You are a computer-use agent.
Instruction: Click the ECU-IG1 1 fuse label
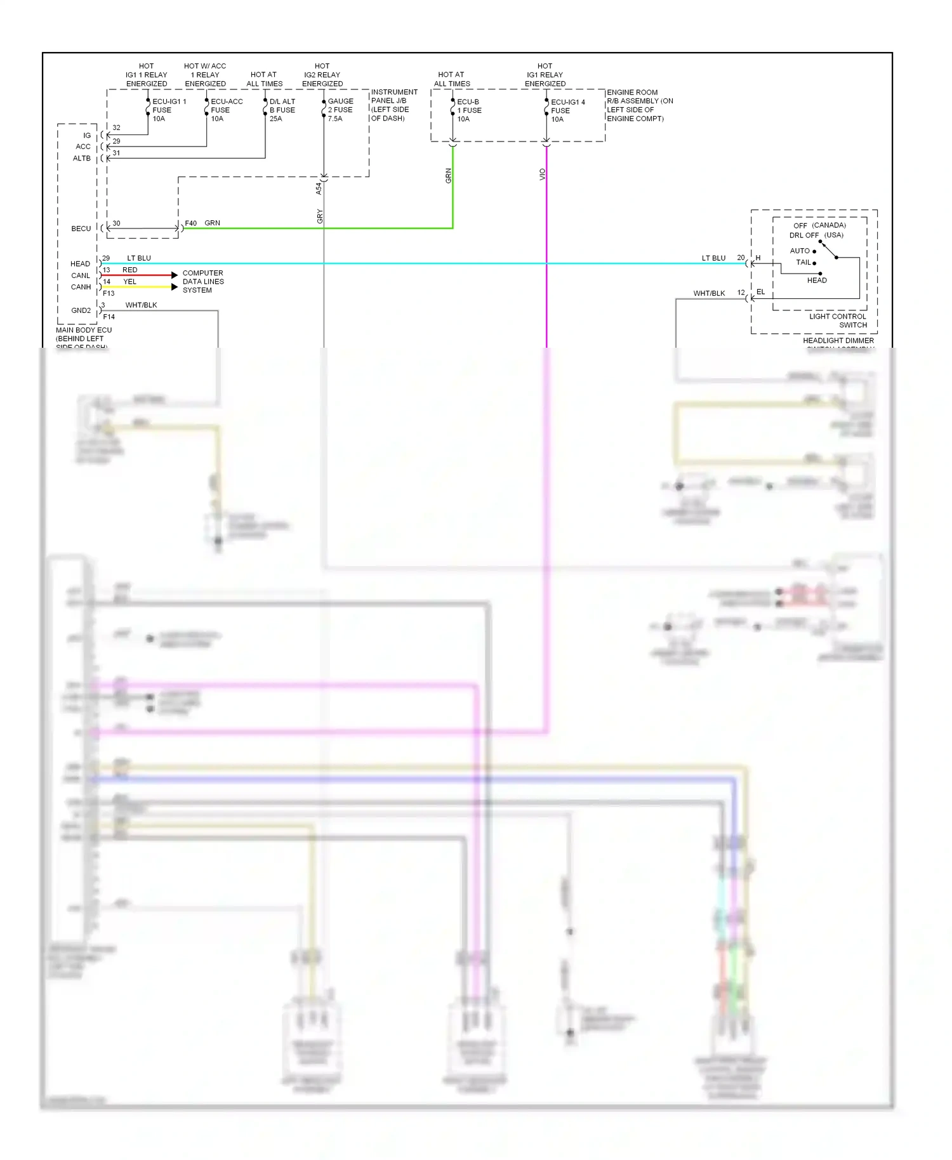[168, 110]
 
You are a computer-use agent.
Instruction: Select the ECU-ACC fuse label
[226, 110]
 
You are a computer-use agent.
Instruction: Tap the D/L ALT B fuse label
[282, 110]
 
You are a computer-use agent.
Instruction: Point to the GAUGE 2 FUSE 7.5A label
[340, 110]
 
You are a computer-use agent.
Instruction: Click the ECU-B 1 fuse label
[469, 110]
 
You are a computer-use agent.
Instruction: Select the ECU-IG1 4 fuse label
[567, 110]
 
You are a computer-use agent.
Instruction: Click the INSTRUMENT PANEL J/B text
[393, 105]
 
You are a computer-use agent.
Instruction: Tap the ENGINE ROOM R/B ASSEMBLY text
[639, 105]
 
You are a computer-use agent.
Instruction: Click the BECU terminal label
[81, 228]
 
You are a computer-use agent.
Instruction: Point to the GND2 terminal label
[81, 310]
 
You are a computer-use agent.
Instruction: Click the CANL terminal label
[81, 275]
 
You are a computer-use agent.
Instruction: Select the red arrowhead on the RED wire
[175, 275]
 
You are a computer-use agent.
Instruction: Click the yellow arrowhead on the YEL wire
[175, 287]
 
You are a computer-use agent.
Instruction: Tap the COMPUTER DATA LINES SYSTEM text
[203, 282]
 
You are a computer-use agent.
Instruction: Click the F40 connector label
[190, 223]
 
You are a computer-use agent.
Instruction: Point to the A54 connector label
[319, 188]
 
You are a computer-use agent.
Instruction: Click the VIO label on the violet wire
[542, 174]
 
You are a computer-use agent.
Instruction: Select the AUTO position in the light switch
[800, 251]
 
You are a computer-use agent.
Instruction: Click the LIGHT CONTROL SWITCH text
[838, 320]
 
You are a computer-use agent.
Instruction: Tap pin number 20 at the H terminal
[741, 258]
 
